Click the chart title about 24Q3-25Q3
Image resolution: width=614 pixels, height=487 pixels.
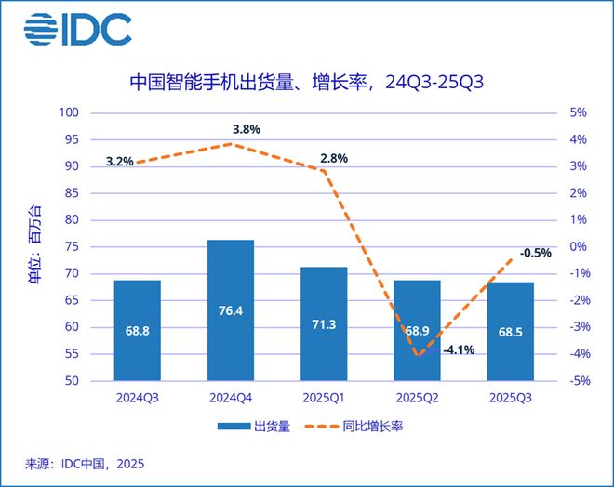pyautogui.click(x=306, y=85)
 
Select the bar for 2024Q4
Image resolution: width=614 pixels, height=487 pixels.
pyautogui.click(x=230, y=310)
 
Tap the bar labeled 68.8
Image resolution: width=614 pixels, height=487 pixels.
pyautogui.click(x=137, y=330)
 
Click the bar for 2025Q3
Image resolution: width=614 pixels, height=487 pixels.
pyautogui.click(x=510, y=331)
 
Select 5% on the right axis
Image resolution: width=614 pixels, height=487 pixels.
pyautogui.click(x=578, y=113)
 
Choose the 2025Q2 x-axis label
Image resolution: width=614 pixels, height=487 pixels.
pyautogui.click(x=416, y=397)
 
